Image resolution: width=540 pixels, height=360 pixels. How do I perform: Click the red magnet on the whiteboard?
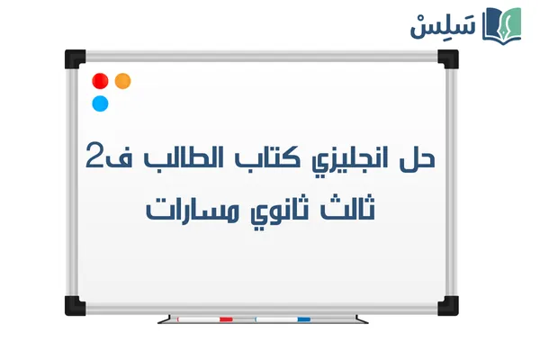pos(100,81)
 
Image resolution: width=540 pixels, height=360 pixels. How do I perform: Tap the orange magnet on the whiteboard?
pos(123,81)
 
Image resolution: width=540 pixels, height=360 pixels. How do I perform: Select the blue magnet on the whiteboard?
pos(100,103)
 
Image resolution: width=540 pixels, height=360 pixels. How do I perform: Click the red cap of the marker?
pos(226,319)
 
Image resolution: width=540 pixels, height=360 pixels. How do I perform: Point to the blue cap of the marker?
pos(303,319)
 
